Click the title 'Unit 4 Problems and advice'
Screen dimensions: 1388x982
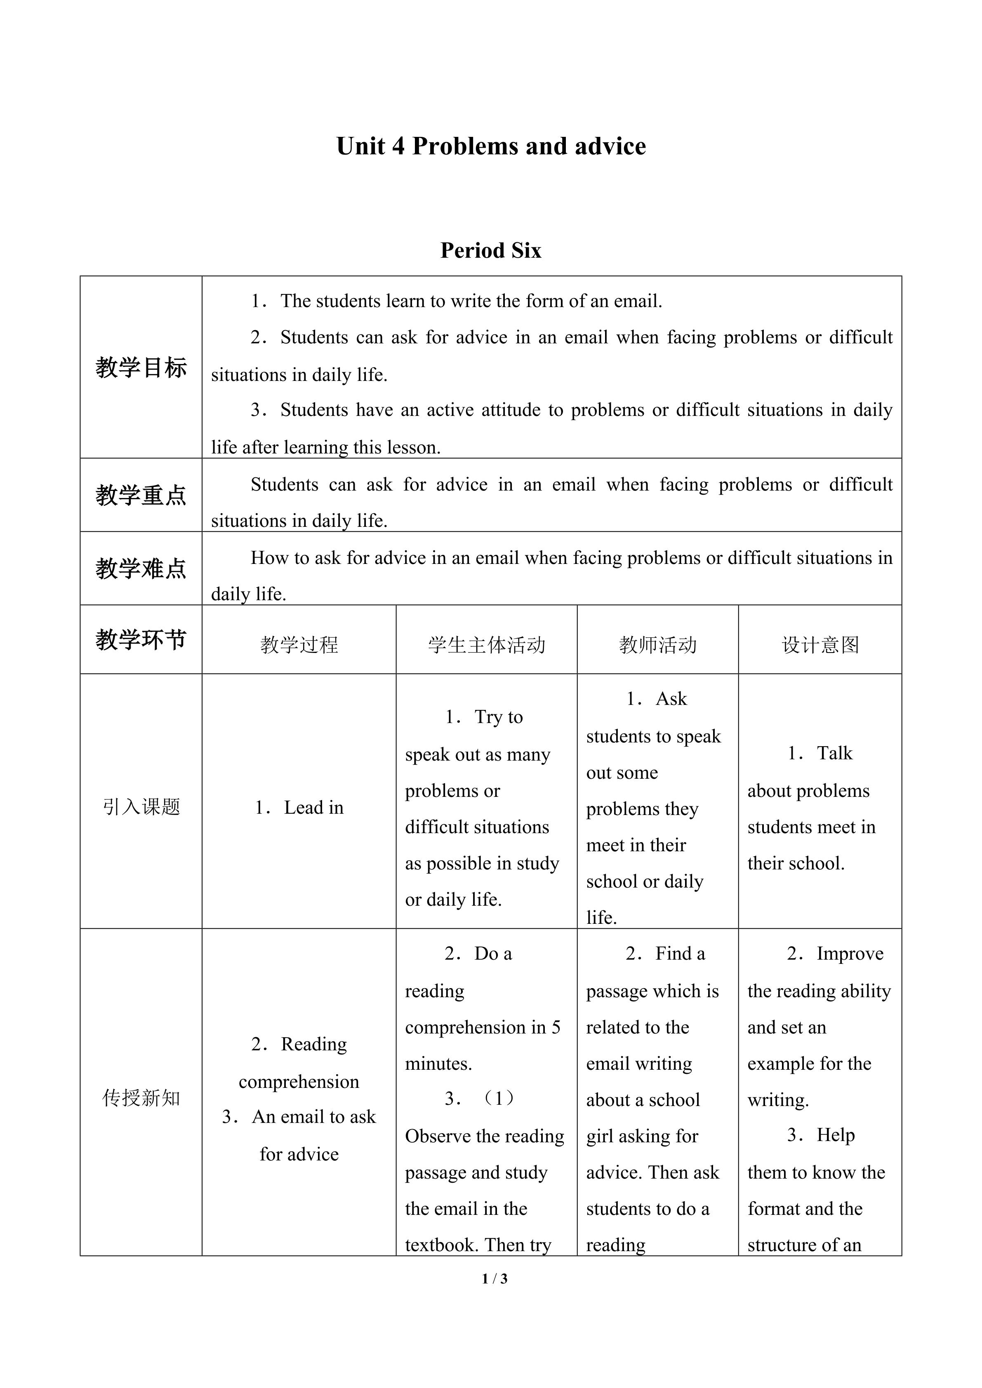pos(491,147)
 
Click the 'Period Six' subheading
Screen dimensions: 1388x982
pos(490,250)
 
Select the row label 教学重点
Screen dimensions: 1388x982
pos(141,496)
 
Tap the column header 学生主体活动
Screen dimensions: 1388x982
pos(487,645)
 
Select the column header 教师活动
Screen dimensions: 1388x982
pos(658,645)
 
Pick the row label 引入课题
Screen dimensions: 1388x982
pos(141,806)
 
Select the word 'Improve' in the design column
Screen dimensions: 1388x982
pos(850,954)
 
